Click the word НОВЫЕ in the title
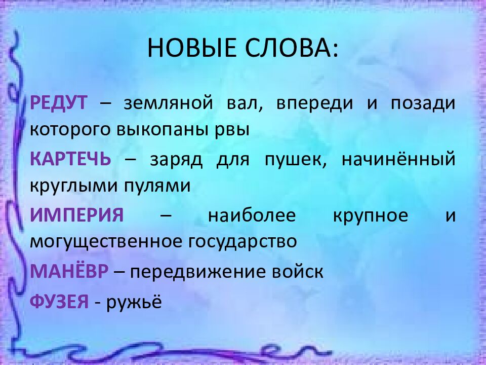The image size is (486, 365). (x=191, y=48)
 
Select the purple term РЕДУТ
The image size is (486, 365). (x=59, y=103)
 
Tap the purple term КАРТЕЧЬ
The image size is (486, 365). (x=70, y=159)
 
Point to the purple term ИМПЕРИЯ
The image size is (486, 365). (x=77, y=215)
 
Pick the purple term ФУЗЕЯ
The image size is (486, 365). (x=59, y=301)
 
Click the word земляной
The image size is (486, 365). (x=169, y=103)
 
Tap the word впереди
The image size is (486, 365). (x=314, y=103)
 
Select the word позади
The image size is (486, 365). (x=423, y=103)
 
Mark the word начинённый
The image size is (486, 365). (x=398, y=159)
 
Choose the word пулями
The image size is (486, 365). (x=157, y=186)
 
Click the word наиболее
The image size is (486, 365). (x=252, y=215)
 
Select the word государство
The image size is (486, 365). (x=243, y=242)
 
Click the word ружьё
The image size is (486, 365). (x=134, y=302)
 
